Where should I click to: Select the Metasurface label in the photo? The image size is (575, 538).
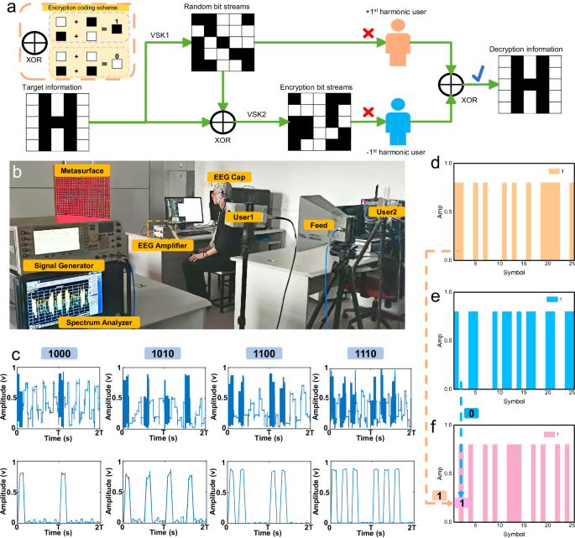(x=80, y=170)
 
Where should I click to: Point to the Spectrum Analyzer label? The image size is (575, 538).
(x=102, y=322)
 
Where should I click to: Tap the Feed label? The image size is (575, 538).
(x=321, y=226)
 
